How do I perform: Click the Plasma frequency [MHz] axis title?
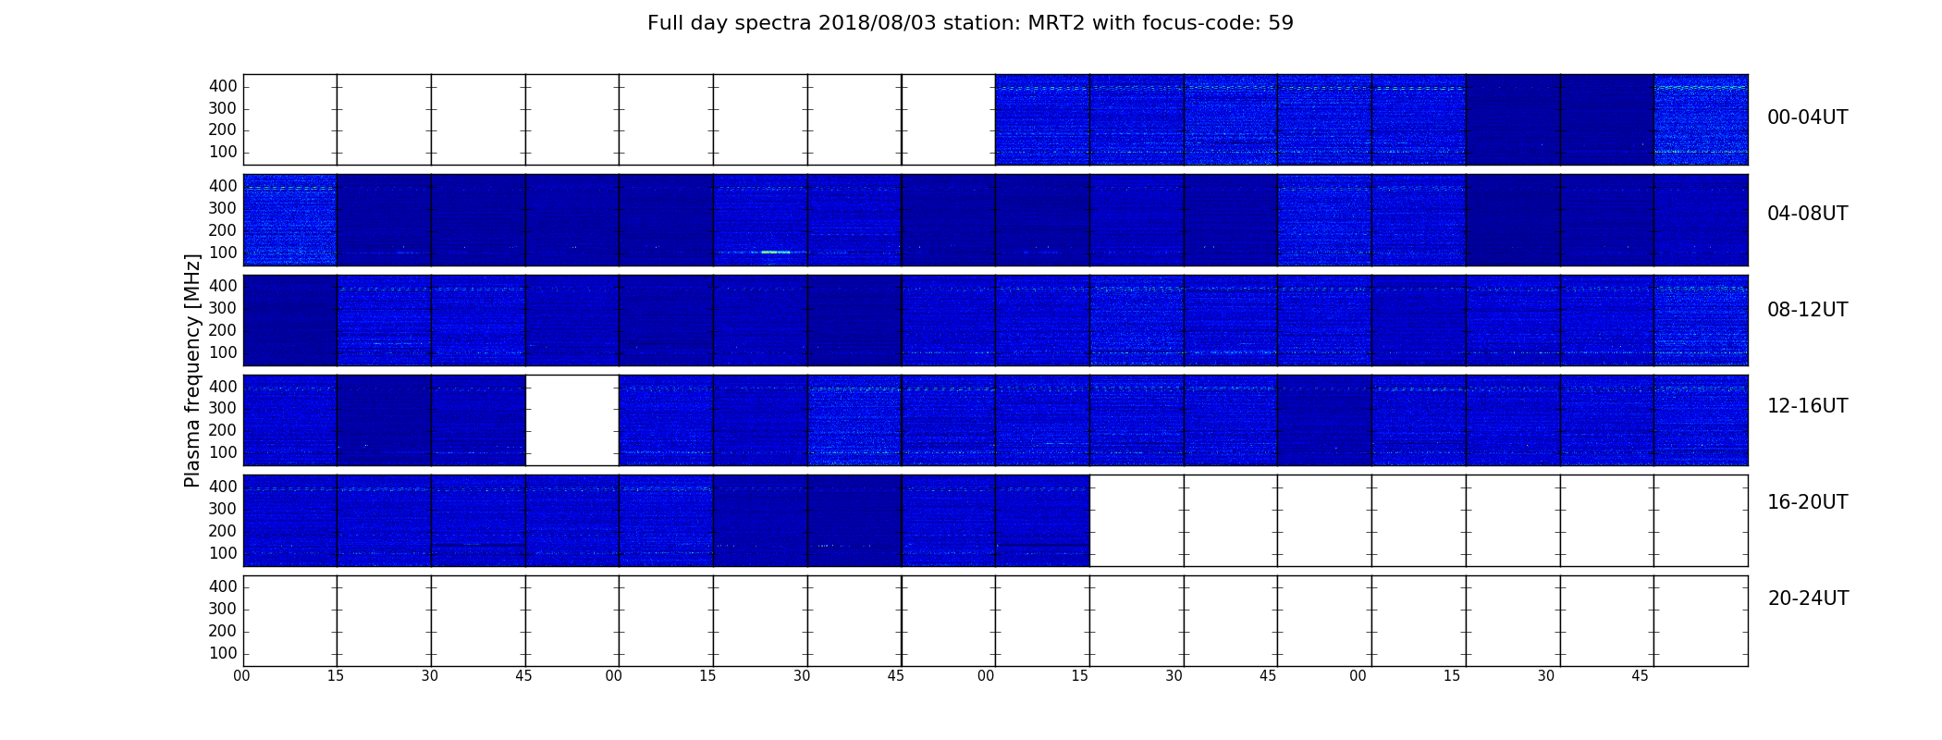192,370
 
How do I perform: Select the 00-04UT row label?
1808,117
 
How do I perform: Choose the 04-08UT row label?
1808,214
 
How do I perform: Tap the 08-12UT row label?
1808,310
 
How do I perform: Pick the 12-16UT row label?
1808,406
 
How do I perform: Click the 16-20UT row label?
1808,502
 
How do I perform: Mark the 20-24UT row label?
1808,598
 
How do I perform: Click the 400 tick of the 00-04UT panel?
223,86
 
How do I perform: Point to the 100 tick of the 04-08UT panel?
223,253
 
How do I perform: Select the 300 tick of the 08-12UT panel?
223,308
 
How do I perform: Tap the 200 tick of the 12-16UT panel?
223,430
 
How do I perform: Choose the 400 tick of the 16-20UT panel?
223,487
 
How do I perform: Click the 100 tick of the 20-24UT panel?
223,653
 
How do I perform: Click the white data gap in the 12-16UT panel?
572,420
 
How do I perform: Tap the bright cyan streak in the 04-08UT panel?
775,252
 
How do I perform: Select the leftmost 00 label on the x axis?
241,676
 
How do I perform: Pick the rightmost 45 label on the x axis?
1640,676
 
